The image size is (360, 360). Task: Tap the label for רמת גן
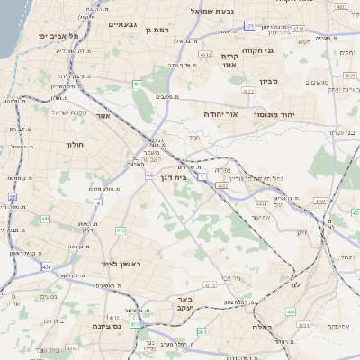(x=157, y=30)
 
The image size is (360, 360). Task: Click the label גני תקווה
(x=256, y=50)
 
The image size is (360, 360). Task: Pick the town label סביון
(x=269, y=82)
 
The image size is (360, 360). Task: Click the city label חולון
(x=75, y=144)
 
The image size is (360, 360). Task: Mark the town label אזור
(x=103, y=116)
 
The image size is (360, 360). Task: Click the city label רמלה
(x=268, y=328)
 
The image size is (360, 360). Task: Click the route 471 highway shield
(x=249, y=27)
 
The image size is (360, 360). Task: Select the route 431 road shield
(x=45, y=265)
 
